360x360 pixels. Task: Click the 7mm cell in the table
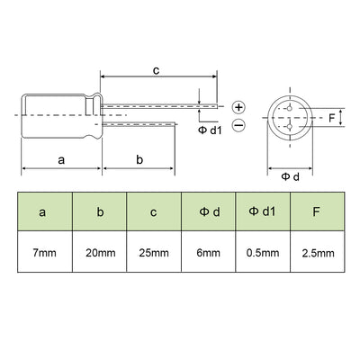tap(43, 254)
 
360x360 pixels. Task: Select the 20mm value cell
tap(99, 254)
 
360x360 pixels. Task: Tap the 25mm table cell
tap(154, 254)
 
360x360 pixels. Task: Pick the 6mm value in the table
tap(208, 254)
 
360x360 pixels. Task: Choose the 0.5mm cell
tap(263, 254)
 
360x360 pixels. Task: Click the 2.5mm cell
tap(317, 254)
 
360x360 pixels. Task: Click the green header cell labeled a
tap(43, 213)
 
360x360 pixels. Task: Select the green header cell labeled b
tap(99, 213)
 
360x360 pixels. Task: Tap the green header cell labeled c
tap(154, 213)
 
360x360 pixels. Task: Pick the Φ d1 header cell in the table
tap(263, 213)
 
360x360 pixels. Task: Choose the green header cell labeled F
tap(317, 213)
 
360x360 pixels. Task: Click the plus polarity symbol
tap(238, 107)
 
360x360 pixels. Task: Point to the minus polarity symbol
tap(238, 126)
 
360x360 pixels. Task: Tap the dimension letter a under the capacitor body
tap(60, 159)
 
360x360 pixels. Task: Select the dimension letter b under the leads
tap(139, 159)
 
